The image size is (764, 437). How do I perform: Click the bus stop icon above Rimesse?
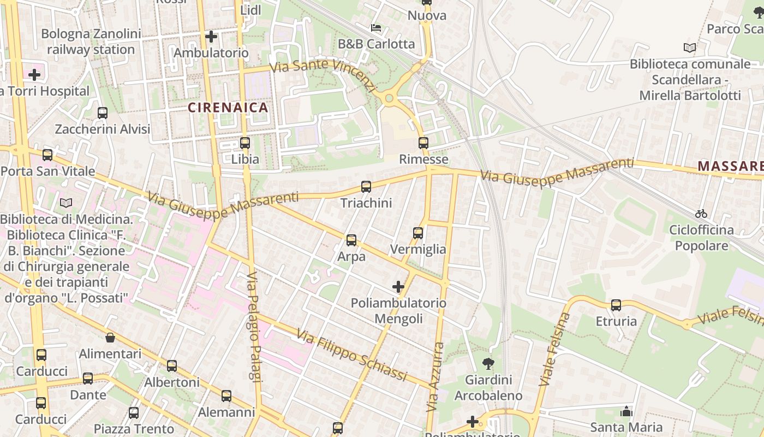[x=423, y=143]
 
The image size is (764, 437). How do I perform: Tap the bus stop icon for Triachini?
[x=366, y=187]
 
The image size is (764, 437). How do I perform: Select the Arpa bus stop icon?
[x=351, y=240]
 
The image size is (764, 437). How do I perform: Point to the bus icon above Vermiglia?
[x=418, y=233]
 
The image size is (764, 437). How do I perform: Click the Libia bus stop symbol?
[x=245, y=143]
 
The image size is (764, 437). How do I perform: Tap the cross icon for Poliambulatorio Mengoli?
[x=398, y=287]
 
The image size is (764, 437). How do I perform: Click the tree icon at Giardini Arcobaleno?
[x=488, y=363]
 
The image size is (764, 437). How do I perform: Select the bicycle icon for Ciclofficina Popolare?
[x=701, y=214]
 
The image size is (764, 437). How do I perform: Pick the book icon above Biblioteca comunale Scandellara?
[x=690, y=48]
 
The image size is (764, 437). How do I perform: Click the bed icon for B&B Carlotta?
[x=375, y=27]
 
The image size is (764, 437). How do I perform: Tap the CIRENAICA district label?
[x=228, y=108]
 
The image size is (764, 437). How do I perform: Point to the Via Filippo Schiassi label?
[x=352, y=355]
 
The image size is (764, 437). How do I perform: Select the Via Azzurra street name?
[x=435, y=377]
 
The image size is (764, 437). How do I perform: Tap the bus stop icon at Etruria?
[x=616, y=305]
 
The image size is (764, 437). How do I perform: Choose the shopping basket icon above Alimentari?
[x=110, y=338]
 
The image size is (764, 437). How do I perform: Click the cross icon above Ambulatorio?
[x=211, y=37]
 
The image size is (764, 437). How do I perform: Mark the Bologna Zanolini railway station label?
[x=91, y=42]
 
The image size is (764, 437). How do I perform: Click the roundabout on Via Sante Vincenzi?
[x=389, y=99]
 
